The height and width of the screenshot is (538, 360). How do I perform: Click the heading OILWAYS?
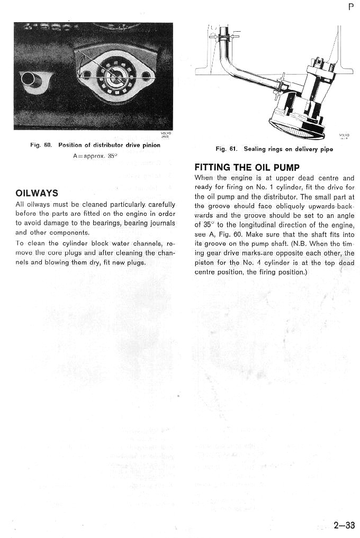[x=37, y=193]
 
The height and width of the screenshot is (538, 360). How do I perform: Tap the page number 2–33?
[x=344, y=525]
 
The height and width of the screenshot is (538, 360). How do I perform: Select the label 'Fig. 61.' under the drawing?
[x=226, y=149]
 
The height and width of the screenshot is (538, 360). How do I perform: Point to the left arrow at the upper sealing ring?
[x=213, y=37]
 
